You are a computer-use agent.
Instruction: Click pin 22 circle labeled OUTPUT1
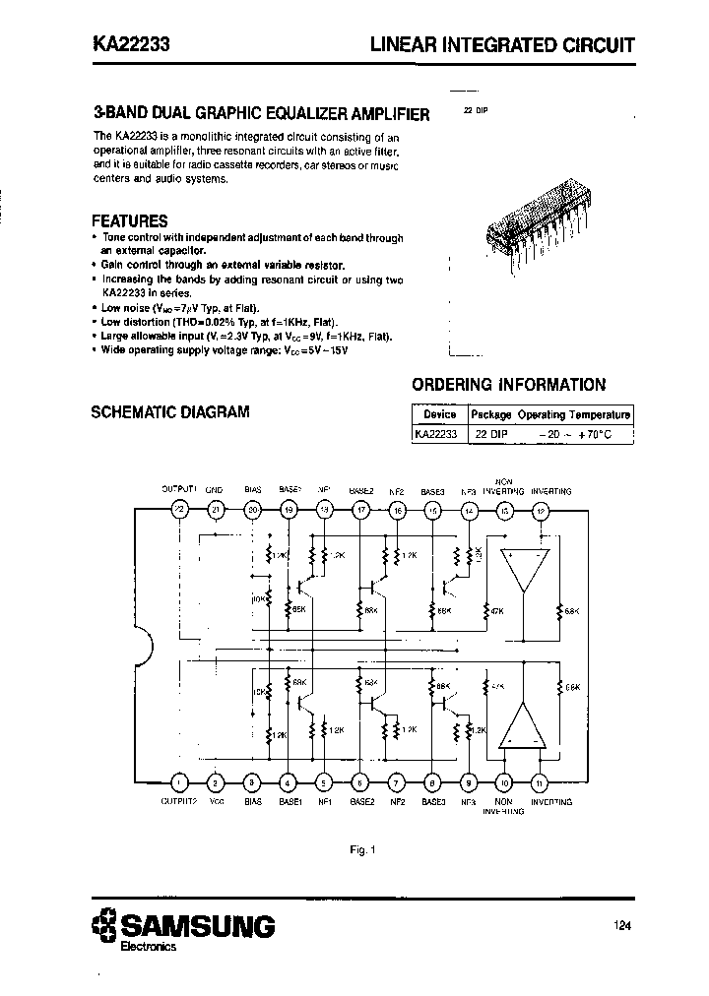[x=179, y=509]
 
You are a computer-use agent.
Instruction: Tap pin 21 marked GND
[x=216, y=509]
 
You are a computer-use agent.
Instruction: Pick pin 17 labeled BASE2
[x=360, y=509]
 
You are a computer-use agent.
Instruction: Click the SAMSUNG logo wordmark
[x=197, y=925]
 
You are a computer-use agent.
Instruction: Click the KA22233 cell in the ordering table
[x=435, y=433]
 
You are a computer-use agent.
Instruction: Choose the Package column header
[x=490, y=414]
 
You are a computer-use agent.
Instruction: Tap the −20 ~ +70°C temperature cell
[x=575, y=433]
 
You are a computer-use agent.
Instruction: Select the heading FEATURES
[x=129, y=221]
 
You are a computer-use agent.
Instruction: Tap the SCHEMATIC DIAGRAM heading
[x=170, y=411]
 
